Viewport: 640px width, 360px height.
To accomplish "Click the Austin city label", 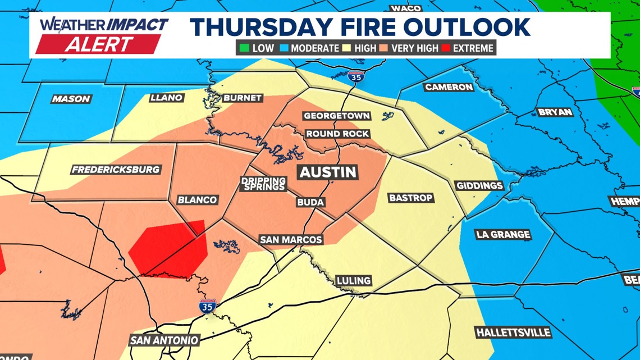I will point(328,172).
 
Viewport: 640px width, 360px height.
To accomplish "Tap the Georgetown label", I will point(337,116).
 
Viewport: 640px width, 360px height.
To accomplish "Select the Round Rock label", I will point(337,134).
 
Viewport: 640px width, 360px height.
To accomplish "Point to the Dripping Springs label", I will point(263,184).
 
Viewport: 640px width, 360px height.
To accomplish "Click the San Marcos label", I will point(291,240).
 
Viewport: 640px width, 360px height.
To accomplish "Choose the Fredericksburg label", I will point(116,170).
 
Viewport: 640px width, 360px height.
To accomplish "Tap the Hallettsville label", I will point(513,333).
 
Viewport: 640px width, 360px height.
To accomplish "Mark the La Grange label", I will point(503,235).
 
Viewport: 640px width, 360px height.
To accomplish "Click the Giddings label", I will point(479,185).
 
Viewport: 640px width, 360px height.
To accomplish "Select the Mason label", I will point(71,99).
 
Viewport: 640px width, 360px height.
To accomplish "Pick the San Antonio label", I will point(164,340).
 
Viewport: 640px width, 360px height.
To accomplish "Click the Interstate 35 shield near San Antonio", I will point(207,307).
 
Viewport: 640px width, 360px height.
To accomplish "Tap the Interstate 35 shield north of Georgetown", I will point(356,77).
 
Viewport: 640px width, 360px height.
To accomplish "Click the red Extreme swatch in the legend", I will point(446,48).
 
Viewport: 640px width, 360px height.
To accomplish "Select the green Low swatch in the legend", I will point(244,48).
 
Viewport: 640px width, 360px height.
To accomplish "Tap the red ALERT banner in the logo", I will point(99,44).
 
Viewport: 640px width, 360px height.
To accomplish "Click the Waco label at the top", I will point(405,8).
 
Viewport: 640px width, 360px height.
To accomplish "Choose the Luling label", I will point(353,280).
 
